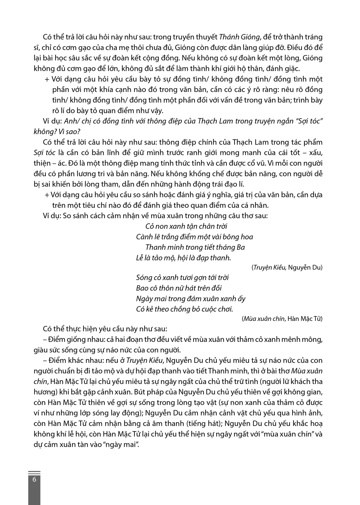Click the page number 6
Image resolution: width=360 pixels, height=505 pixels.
click(x=34, y=479)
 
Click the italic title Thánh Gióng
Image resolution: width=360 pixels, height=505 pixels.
click(x=239, y=37)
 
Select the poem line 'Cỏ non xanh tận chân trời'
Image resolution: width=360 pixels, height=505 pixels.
click(x=186, y=226)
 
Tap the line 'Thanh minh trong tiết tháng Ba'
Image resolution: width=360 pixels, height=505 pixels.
click(x=195, y=247)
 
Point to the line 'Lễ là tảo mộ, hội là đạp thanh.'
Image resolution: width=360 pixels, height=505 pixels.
click(x=183, y=258)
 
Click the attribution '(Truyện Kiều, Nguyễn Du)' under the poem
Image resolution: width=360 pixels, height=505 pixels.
click(x=287, y=267)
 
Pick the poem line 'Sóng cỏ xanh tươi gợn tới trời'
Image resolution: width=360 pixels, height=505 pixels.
click(x=182, y=277)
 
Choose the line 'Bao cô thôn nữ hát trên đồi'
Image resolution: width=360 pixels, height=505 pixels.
click(x=179, y=288)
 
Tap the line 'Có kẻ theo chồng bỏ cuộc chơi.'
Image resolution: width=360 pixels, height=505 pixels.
click(x=184, y=309)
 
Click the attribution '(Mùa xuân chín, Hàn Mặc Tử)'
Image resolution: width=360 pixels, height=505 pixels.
click(x=282, y=319)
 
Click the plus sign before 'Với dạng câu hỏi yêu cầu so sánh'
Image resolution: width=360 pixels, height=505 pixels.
click(x=47, y=195)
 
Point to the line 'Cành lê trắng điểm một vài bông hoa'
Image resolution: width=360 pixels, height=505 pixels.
click(x=194, y=237)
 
